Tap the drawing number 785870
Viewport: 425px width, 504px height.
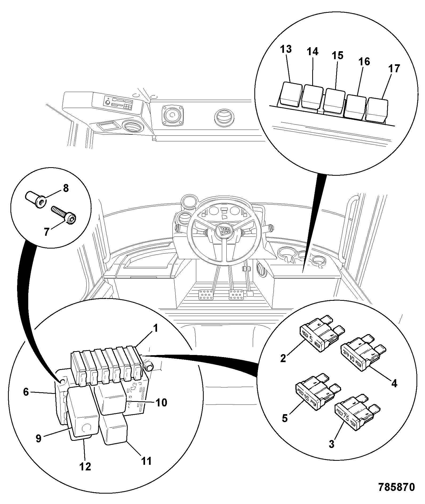[396, 487]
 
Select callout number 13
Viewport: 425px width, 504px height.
[286, 49]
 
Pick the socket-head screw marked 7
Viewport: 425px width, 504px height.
[63, 215]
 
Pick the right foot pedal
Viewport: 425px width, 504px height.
[236, 295]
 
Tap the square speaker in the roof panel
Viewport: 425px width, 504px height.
[173, 115]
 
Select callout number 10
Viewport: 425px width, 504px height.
[161, 402]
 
